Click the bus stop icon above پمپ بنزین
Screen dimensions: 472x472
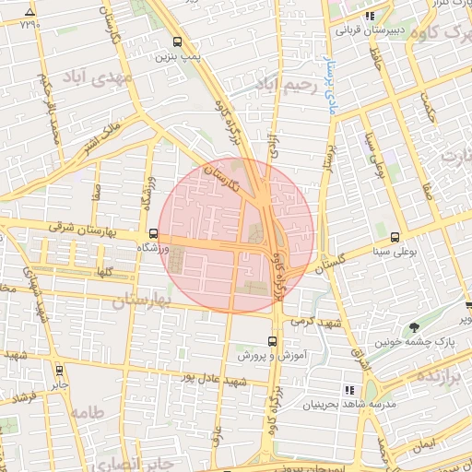pyautogui.click(x=177, y=41)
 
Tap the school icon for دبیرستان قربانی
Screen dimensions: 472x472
pyautogui.click(x=369, y=16)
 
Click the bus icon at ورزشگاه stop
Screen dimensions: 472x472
pyautogui.click(x=153, y=234)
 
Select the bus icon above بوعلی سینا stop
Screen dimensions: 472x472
pyautogui.click(x=395, y=236)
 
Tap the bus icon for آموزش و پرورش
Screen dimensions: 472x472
pyautogui.click(x=270, y=341)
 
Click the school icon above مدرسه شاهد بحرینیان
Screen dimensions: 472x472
pyautogui.click(x=348, y=390)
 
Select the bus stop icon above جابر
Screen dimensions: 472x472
pyautogui.click(x=60, y=370)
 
